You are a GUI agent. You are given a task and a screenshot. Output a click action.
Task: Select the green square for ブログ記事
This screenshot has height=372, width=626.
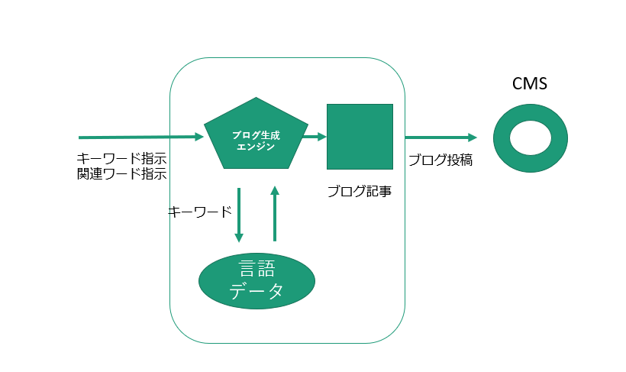coord(360,136)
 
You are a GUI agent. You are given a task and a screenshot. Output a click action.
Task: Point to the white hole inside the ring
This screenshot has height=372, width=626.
coord(530,137)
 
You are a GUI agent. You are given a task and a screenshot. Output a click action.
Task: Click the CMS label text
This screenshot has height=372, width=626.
coord(529,84)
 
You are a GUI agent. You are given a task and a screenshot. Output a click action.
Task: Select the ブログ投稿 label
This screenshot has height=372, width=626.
coord(440,160)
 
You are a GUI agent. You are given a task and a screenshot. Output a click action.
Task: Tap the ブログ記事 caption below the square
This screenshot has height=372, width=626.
coord(360,191)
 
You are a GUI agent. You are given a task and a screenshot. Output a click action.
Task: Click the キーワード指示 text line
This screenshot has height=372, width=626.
coord(121,159)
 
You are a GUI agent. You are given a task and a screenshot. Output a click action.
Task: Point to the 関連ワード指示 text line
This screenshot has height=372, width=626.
coord(121,173)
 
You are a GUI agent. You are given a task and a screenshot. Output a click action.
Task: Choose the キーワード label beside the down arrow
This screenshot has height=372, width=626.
coord(199,212)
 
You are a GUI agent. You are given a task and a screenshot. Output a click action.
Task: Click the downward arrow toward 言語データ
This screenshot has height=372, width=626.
coord(239,215)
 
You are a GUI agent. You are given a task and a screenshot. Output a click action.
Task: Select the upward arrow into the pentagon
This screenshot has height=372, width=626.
coord(275,213)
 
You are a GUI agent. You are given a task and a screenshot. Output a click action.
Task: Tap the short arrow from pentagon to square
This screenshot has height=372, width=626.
coord(314,137)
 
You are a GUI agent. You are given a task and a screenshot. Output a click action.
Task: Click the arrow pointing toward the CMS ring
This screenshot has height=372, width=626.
coord(440,137)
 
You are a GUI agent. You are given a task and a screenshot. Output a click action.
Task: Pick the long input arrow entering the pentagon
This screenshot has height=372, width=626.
coord(141,137)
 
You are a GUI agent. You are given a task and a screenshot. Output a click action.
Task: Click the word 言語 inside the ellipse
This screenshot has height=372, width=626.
coord(257,268)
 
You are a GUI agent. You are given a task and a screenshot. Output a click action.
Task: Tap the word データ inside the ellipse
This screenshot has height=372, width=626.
coord(257,291)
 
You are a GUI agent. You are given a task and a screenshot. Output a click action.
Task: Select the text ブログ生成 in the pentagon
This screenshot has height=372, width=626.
coord(257,134)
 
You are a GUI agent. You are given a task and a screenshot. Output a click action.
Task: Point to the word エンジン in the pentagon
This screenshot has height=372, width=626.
coord(257,146)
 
